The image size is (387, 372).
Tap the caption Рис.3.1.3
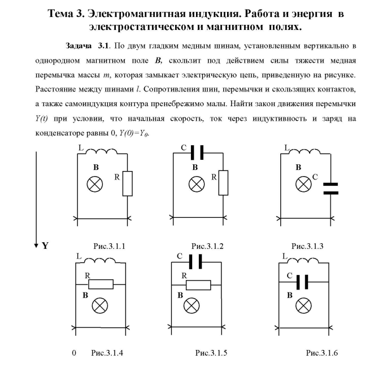(x=307, y=246)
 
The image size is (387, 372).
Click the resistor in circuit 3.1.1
(x=128, y=183)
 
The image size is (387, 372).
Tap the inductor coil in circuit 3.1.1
(x=103, y=152)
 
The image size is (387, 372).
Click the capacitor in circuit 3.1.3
(x=331, y=188)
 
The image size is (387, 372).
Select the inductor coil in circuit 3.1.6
(x=305, y=261)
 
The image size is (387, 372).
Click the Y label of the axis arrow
(x=45, y=246)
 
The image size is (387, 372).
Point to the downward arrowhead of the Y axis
(x=36, y=243)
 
